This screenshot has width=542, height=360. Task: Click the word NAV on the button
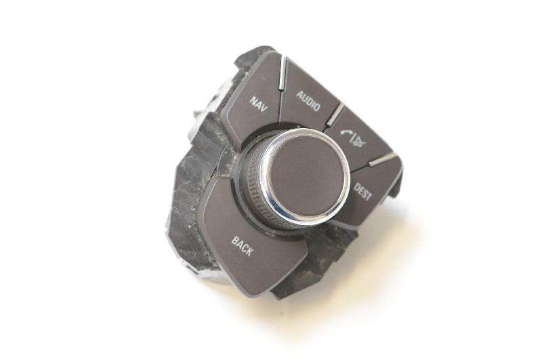pos(259,104)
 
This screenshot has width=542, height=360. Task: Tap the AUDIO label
pos(308,100)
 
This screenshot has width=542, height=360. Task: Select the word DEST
pos(363,191)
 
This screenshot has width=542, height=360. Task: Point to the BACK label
pos(243,246)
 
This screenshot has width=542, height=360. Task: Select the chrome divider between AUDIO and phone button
pos(335,114)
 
